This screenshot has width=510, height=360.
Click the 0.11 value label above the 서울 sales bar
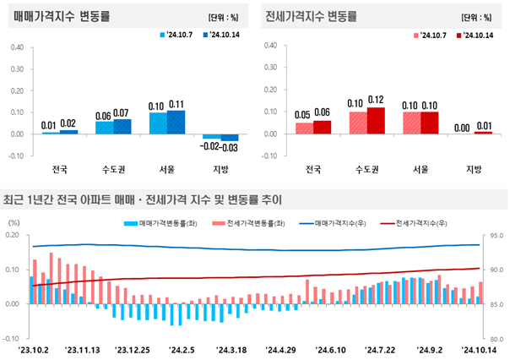(176, 105)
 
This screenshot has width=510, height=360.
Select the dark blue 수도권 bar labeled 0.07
(122, 127)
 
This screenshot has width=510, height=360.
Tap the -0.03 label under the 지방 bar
(229, 148)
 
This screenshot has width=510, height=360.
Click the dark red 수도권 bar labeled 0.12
(376, 121)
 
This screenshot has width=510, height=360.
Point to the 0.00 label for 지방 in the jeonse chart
(462, 128)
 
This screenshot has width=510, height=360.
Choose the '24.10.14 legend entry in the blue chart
(221, 35)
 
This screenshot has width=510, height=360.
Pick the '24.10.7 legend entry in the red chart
(430, 35)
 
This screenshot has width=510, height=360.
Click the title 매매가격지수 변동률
(62, 16)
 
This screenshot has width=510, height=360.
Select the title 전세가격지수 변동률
(312, 16)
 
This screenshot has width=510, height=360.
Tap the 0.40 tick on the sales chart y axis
(17, 47)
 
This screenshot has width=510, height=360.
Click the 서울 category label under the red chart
(420, 169)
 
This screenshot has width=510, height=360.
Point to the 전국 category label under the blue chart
(60, 169)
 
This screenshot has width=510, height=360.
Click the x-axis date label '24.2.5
(182, 350)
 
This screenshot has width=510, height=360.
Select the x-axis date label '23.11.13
(83, 350)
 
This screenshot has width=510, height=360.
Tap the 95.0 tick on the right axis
(496, 235)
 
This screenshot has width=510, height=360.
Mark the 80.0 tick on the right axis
(496, 339)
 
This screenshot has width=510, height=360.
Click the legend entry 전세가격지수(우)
(414, 223)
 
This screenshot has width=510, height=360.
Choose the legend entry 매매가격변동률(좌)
(160, 223)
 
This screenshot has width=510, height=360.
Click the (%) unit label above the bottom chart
(14, 222)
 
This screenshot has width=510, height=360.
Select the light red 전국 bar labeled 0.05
(305, 128)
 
